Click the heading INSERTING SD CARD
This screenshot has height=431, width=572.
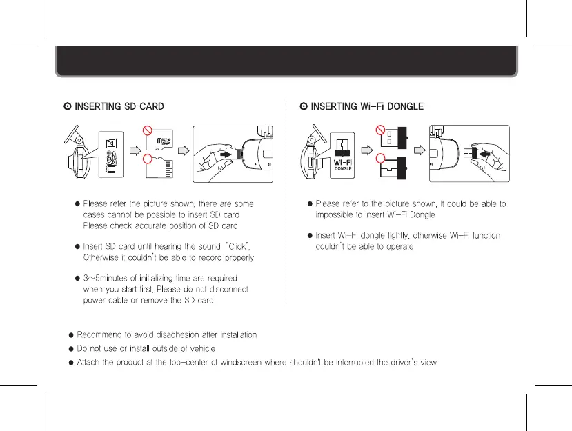point(119,106)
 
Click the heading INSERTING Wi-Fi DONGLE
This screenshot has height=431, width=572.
point(366,106)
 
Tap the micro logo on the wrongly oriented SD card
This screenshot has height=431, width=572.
point(163,141)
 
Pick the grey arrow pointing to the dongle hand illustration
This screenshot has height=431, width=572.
point(417,148)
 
